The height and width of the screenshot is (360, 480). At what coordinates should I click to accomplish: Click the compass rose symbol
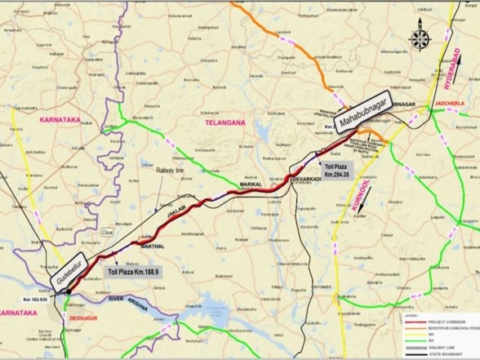click(x=421, y=38)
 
